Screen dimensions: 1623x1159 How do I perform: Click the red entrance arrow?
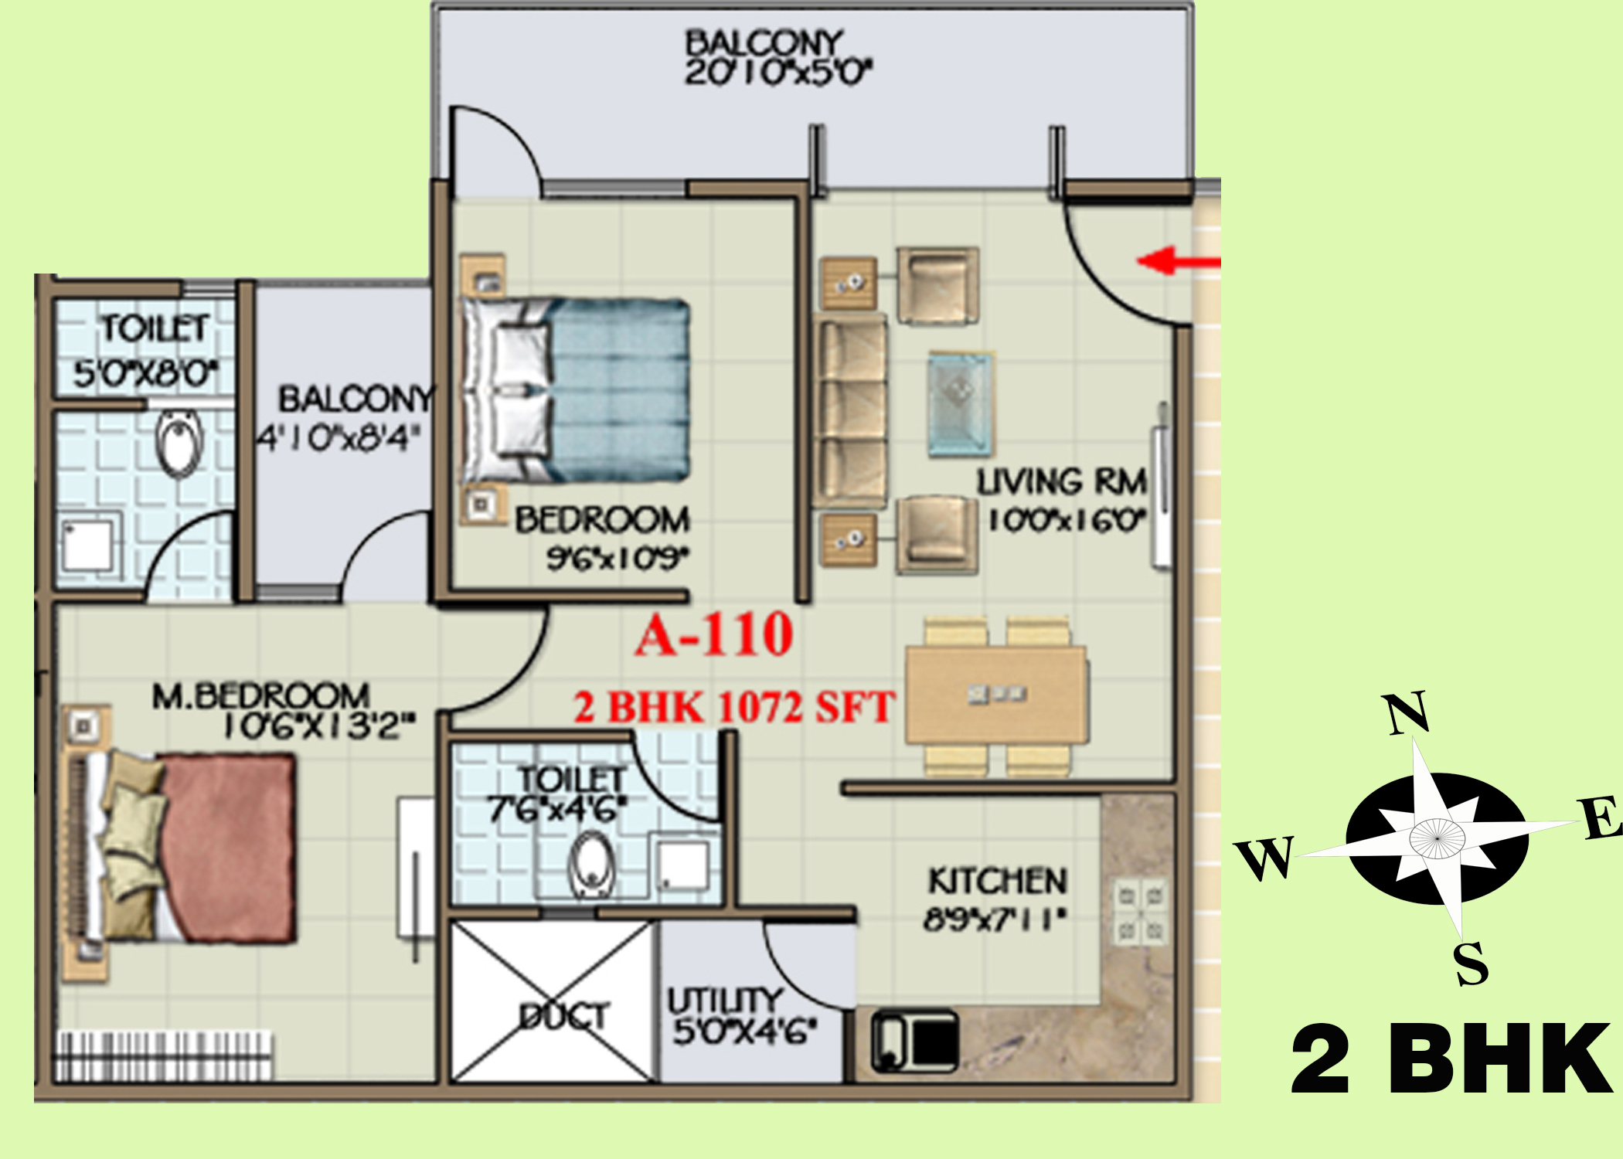[x=1179, y=260]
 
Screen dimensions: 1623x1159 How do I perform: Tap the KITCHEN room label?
[x=998, y=881]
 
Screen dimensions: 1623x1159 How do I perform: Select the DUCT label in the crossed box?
[x=564, y=1016]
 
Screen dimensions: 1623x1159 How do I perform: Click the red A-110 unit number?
[x=715, y=635]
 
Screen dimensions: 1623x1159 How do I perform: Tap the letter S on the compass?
[x=1471, y=964]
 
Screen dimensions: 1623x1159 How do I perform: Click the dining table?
[x=998, y=695]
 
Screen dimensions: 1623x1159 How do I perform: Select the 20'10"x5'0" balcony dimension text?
[x=778, y=72]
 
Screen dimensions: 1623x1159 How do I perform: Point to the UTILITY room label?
[x=725, y=1001]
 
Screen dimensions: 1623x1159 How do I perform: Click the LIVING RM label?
[x=1062, y=482]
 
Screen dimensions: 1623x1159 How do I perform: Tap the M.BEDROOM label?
[x=261, y=695]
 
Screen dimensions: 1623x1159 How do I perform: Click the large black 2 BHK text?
[x=1451, y=1059]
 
